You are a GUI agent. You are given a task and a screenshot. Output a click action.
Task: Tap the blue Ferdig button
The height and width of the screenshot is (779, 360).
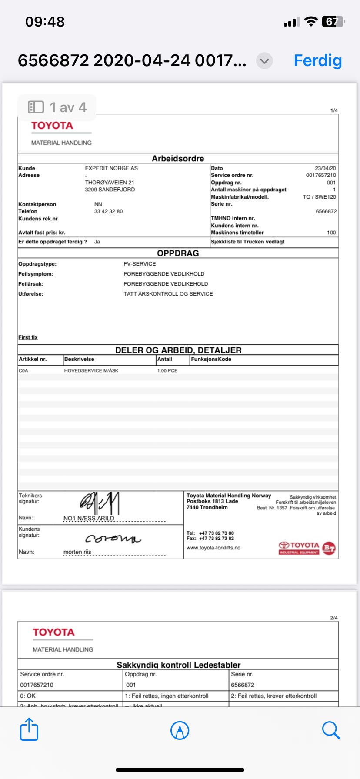317,60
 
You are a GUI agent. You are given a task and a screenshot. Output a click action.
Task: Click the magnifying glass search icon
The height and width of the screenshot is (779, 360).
330,730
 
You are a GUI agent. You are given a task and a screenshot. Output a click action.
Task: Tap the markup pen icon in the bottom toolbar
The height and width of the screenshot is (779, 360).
180,730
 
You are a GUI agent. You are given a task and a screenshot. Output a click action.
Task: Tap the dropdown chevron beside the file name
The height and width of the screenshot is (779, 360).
264,61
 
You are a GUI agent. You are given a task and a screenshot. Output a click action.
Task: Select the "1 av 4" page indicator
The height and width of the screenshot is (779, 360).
57,107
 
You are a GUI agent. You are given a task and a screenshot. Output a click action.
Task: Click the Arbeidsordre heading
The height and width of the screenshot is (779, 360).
178,159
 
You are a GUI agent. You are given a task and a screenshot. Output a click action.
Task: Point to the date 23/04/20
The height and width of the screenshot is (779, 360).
325,168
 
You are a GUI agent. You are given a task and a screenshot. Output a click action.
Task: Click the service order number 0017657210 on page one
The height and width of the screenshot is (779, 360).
321,175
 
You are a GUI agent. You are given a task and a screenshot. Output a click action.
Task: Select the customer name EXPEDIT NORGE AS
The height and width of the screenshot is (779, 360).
111,168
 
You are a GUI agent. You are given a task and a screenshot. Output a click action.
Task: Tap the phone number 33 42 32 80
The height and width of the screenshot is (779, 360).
108,211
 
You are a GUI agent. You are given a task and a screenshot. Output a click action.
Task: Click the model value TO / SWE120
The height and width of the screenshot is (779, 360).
319,197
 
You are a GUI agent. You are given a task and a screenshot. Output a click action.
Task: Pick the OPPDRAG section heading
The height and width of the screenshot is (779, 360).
178,253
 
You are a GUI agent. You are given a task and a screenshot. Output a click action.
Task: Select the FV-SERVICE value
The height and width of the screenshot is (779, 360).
140,264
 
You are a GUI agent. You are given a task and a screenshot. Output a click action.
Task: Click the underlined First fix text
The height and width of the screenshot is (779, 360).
28,337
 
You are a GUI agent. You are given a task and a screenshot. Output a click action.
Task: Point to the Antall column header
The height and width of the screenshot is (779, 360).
165,359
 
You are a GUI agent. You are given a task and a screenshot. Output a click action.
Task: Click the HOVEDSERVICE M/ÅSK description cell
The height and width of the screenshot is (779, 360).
91,370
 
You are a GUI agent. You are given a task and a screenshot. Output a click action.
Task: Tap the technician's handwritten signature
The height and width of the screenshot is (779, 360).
100,503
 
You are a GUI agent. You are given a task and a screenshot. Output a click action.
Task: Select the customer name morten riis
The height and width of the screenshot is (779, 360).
77,552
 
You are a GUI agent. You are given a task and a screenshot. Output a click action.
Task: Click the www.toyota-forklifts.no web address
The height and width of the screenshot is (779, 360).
213,548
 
